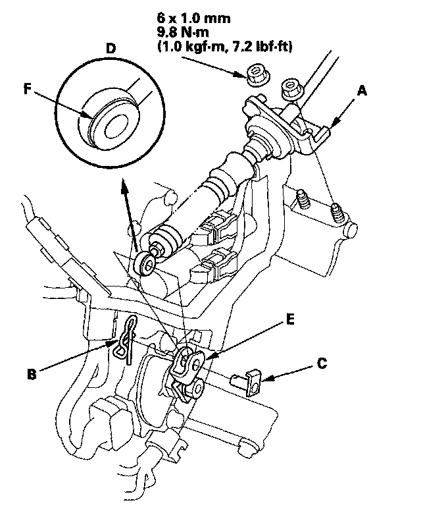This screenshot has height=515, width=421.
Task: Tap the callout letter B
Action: click(32, 373)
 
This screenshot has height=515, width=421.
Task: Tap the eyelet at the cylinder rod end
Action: click(145, 265)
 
